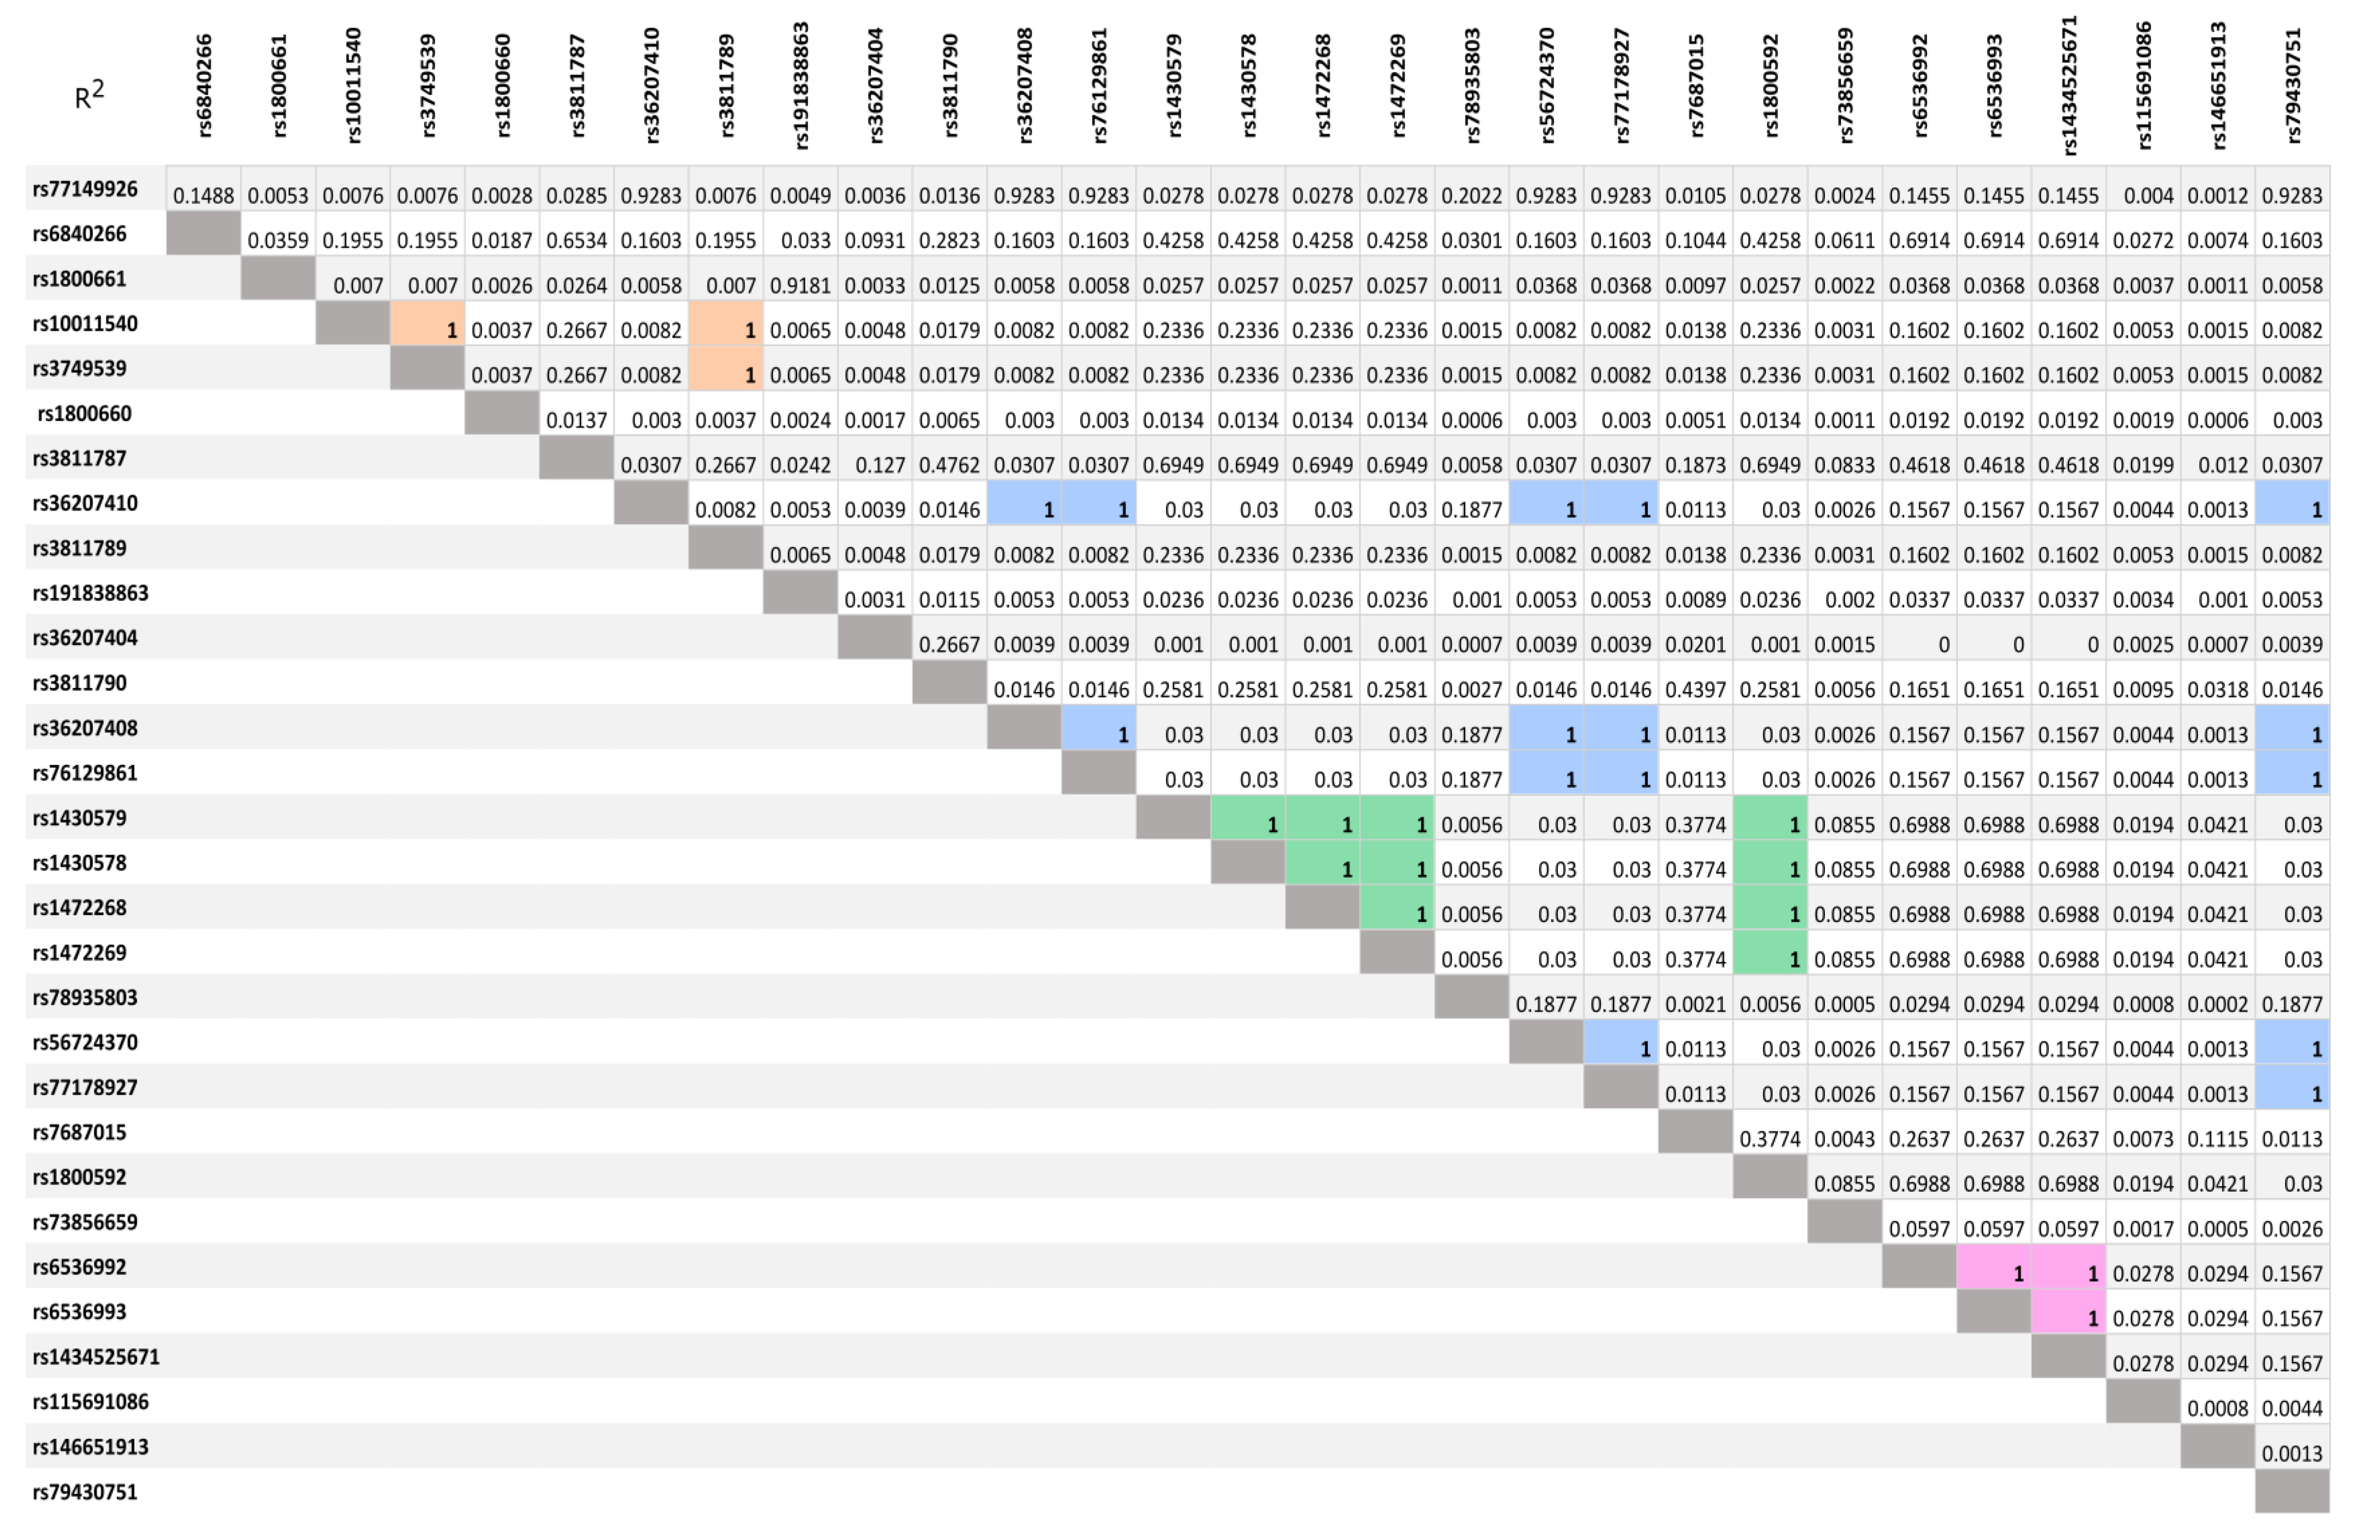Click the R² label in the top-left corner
(89, 97)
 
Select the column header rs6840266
(204, 86)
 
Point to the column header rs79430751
(2292, 86)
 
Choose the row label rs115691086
(90, 1402)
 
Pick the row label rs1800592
(80, 1177)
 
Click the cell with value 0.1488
(204, 195)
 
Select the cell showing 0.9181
(800, 285)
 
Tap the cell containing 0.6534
(576, 241)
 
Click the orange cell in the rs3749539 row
(726, 375)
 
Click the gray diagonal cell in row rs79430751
(2292, 1491)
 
